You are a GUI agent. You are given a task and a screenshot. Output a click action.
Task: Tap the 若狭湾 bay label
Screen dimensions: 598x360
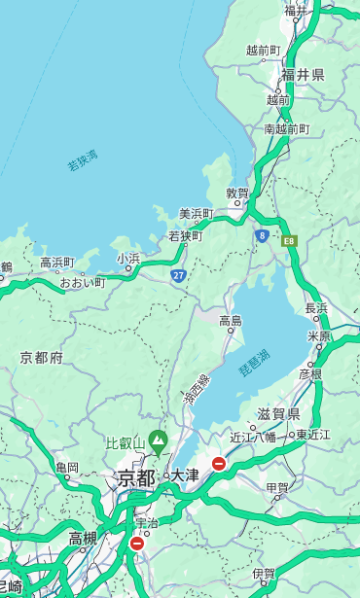83,160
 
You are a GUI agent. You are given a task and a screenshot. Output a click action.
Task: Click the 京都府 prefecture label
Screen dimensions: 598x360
42,358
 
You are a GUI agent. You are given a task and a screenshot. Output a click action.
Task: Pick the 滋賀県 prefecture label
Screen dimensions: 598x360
278,414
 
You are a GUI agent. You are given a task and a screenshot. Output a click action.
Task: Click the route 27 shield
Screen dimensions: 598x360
178,276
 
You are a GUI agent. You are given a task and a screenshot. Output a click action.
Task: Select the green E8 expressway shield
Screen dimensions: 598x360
289,240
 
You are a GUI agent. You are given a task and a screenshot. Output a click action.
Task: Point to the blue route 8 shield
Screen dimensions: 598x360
262,235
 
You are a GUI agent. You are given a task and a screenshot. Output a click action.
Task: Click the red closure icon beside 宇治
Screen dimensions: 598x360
137,544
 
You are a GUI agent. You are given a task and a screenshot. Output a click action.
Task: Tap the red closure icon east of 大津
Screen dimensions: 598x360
219,464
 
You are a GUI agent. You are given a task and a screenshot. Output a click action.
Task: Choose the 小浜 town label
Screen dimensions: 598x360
128,258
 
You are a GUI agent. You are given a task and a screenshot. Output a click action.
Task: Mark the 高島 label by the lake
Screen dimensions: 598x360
231,320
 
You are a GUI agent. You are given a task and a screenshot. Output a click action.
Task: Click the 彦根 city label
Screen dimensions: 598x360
309,373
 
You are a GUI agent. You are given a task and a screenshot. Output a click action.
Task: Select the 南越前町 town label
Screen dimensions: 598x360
286,128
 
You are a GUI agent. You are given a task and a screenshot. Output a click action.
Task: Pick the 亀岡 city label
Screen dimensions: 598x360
66,467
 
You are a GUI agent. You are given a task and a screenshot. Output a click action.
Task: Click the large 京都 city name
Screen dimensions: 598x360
136,477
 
